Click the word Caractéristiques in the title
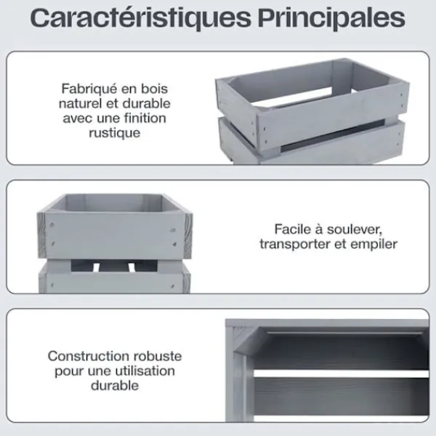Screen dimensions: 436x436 pyautogui.click(x=140, y=18)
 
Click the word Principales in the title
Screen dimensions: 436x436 pyautogui.click(x=331, y=18)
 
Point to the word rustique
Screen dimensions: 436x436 pyautogui.click(x=115, y=133)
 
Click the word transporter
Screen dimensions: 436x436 pyautogui.click(x=295, y=244)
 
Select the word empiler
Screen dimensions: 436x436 pyautogui.click(x=374, y=244)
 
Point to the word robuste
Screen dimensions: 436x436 pyautogui.click(x=158, y=356)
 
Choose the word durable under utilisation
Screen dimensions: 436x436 pyautogui.click(x=115, y=386)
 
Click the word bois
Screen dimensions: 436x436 pyautogui.click(x=155, y=89)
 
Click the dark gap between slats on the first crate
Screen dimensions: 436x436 pyautogui.click(x=333, y=134)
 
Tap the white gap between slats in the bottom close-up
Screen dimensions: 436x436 pyautogui.click(x=341, y=374)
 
